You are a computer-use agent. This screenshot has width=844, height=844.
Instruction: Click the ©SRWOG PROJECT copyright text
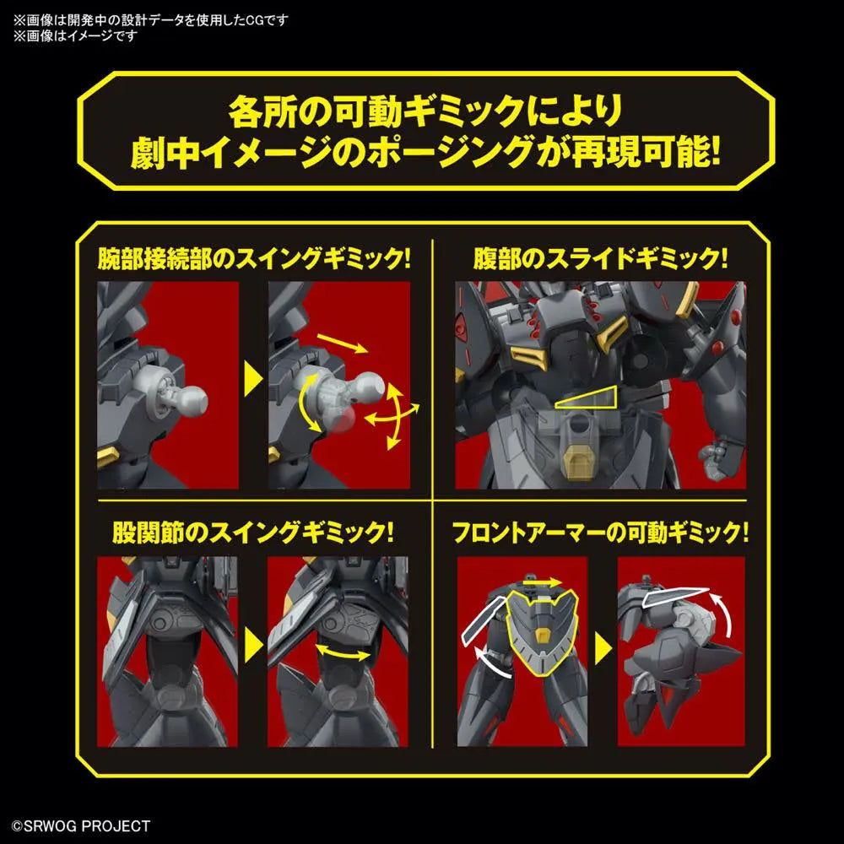81,825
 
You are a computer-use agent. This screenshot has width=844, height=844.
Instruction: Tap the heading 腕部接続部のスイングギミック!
254,259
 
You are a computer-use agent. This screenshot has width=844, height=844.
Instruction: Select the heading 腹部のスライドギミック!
600,259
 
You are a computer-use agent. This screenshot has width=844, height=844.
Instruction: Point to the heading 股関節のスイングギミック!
253,533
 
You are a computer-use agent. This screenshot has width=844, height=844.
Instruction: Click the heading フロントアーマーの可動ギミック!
600,533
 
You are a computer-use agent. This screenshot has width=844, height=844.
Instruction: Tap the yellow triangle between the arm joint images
253,379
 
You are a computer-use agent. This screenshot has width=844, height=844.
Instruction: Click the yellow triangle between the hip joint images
253,646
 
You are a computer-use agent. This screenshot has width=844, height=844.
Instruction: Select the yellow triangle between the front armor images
603,649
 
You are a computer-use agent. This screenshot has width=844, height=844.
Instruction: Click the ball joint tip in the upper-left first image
196,399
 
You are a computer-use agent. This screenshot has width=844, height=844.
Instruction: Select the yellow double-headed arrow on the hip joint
343,652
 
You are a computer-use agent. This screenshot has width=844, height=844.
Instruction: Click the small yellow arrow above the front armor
542,582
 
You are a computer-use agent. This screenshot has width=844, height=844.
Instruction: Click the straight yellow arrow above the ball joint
343,343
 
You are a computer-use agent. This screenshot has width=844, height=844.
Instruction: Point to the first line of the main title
425,111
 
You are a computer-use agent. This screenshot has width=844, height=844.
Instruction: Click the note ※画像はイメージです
75,35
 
